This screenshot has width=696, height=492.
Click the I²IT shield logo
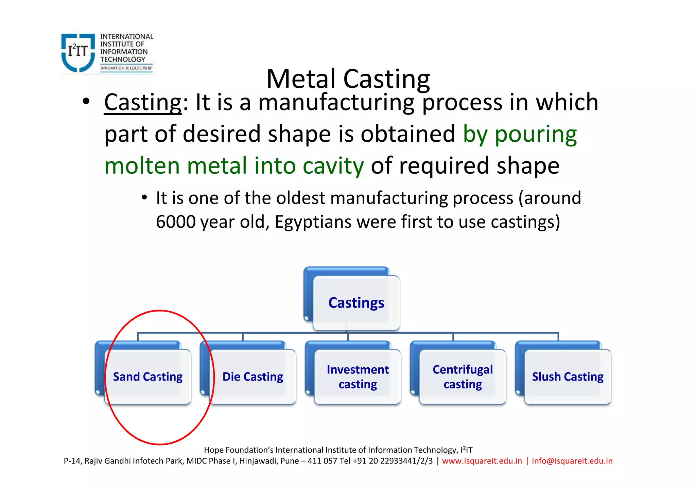click(x=78, y=52)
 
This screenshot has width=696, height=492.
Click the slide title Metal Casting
click(x=348, y=79)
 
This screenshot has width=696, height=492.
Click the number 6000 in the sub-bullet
click(x=175, y=222)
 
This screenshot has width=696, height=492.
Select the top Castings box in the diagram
click(x=356, y=303)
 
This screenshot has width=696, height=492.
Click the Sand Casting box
click(x=148, y=377)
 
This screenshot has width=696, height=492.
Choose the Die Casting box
click(x=253, y=377)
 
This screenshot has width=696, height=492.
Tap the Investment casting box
click(x=358, y=377)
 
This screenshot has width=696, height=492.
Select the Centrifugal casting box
click(x=463, y=377)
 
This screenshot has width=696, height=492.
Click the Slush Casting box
click(x=568, y=377)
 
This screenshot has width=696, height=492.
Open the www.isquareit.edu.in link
click(x=482, y=461)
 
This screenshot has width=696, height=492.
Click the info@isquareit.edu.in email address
click(x=572, y=461)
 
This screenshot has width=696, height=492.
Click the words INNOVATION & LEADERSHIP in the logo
click(x=126, y=68)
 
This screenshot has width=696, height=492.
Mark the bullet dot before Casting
click(x=86, y=101)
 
